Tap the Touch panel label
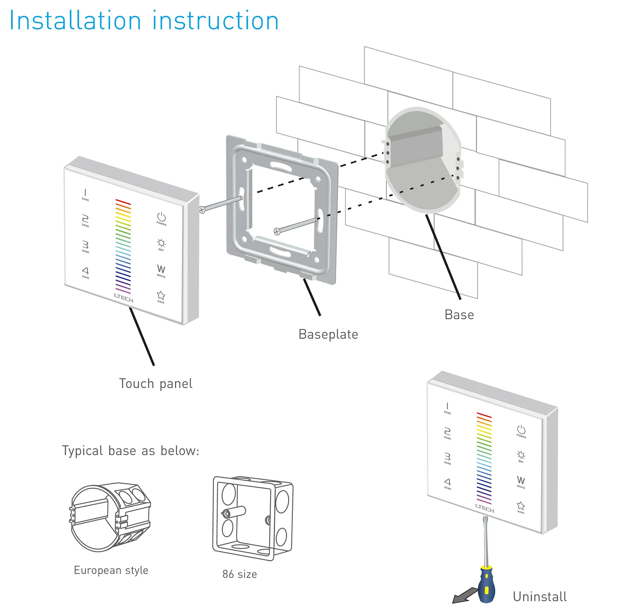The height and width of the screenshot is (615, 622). [155, 384]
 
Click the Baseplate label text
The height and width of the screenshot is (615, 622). [328, 334]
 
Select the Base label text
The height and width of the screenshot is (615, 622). [459, 315]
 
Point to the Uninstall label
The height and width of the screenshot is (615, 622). [540, 596]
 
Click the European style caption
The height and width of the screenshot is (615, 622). [111, 570]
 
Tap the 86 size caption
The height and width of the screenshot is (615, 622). [239, 574]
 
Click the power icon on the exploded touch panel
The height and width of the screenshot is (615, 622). [161, 218]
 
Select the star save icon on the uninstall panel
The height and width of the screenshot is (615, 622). [521, 506]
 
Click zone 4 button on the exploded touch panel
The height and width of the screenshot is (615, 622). [85, 272]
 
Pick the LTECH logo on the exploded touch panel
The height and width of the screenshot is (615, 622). [124, 298]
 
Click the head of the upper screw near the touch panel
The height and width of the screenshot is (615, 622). [202, 210]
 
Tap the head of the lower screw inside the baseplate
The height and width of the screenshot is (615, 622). [276, 231]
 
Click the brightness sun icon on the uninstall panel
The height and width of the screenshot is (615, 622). [521, 455]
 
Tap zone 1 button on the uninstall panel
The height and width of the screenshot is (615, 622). [447, 407]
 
